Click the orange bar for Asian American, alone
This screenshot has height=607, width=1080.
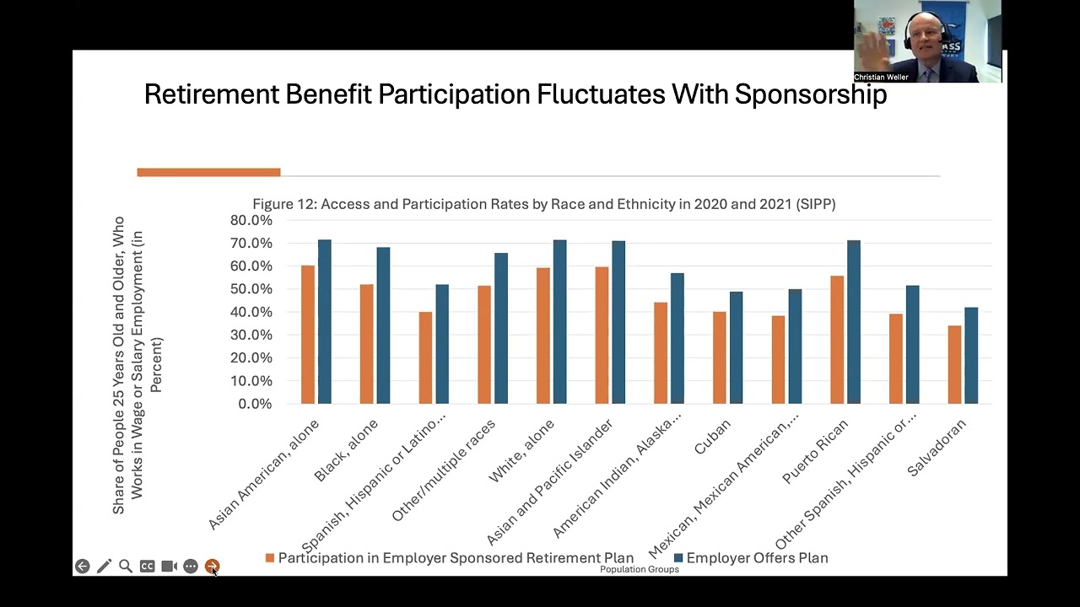point(308,335)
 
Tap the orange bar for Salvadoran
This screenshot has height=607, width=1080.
point(954,364)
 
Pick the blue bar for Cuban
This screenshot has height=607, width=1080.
point(736,347)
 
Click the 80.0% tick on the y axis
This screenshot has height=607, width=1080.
point(251,221)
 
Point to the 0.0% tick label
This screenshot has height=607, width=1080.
point(254,404)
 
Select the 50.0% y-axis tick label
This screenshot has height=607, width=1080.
point(251,289)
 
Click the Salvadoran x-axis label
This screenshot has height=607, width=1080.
point(937,447)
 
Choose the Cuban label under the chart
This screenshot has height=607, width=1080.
point(712,436)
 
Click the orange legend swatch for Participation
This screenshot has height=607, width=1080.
point(270,558)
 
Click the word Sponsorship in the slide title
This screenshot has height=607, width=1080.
point(810,94)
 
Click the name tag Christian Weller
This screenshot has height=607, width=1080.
point(881,78)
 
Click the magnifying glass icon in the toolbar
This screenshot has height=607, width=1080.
point(125,567)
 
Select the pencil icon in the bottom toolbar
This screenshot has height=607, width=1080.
point(104,567)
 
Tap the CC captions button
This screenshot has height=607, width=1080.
point(147,567)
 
